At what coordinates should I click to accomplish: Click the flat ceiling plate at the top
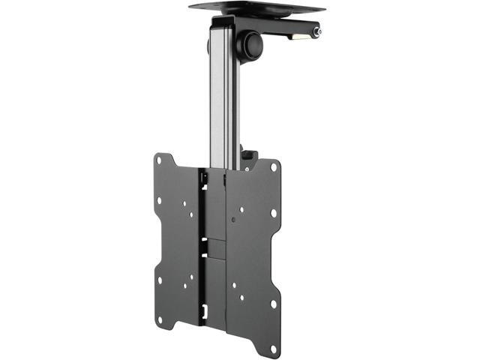click(x=256, y=9)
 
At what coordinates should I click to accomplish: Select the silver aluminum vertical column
click(x=223, y=97)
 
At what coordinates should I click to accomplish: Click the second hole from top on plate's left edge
click(x=159, y=201)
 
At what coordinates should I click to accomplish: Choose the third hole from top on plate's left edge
click(x=159, y=279)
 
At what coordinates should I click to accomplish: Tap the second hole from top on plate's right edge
click(x=273, y=213)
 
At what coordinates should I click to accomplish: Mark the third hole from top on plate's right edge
click(x=273, y=303)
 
